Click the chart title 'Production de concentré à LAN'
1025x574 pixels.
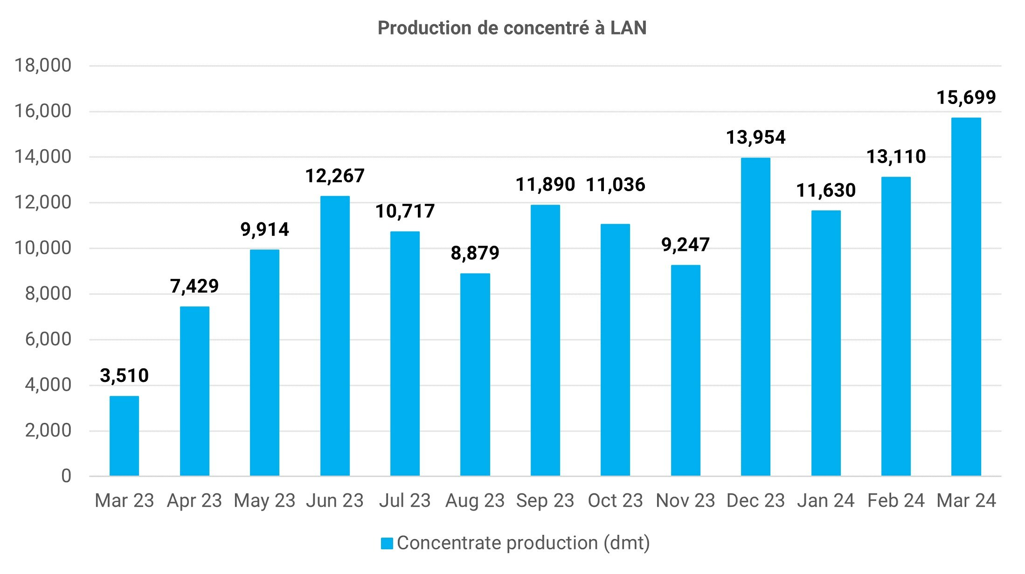tap(512, 28)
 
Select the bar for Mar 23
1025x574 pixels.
tap(124, 436)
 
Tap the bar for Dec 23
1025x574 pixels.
tap(755, 317)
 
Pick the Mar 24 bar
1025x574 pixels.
tap(966, 297)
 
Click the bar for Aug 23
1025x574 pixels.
tap(475, 374)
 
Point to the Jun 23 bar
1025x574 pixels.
tap(335, 336)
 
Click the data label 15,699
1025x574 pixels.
tap(966, 97)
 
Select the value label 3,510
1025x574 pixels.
tap(124, 375)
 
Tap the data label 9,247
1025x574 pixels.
tap(686, 244)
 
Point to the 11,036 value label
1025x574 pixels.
tap(615, 185)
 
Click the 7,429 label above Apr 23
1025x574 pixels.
tap(194, 286)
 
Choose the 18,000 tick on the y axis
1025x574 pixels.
tap(43, 65)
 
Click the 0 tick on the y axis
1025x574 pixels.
tap(66, 476)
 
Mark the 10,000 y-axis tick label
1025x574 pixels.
tap(43, 248)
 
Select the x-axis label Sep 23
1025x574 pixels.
tap(545, 501)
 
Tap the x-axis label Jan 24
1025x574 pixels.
tap(825, 501)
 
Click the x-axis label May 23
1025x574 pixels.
tap(264, 501)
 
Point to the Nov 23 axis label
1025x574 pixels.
tap(685, 501)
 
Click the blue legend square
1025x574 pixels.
tap(387, 543)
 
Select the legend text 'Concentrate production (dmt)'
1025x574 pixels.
tap(523, 543)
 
